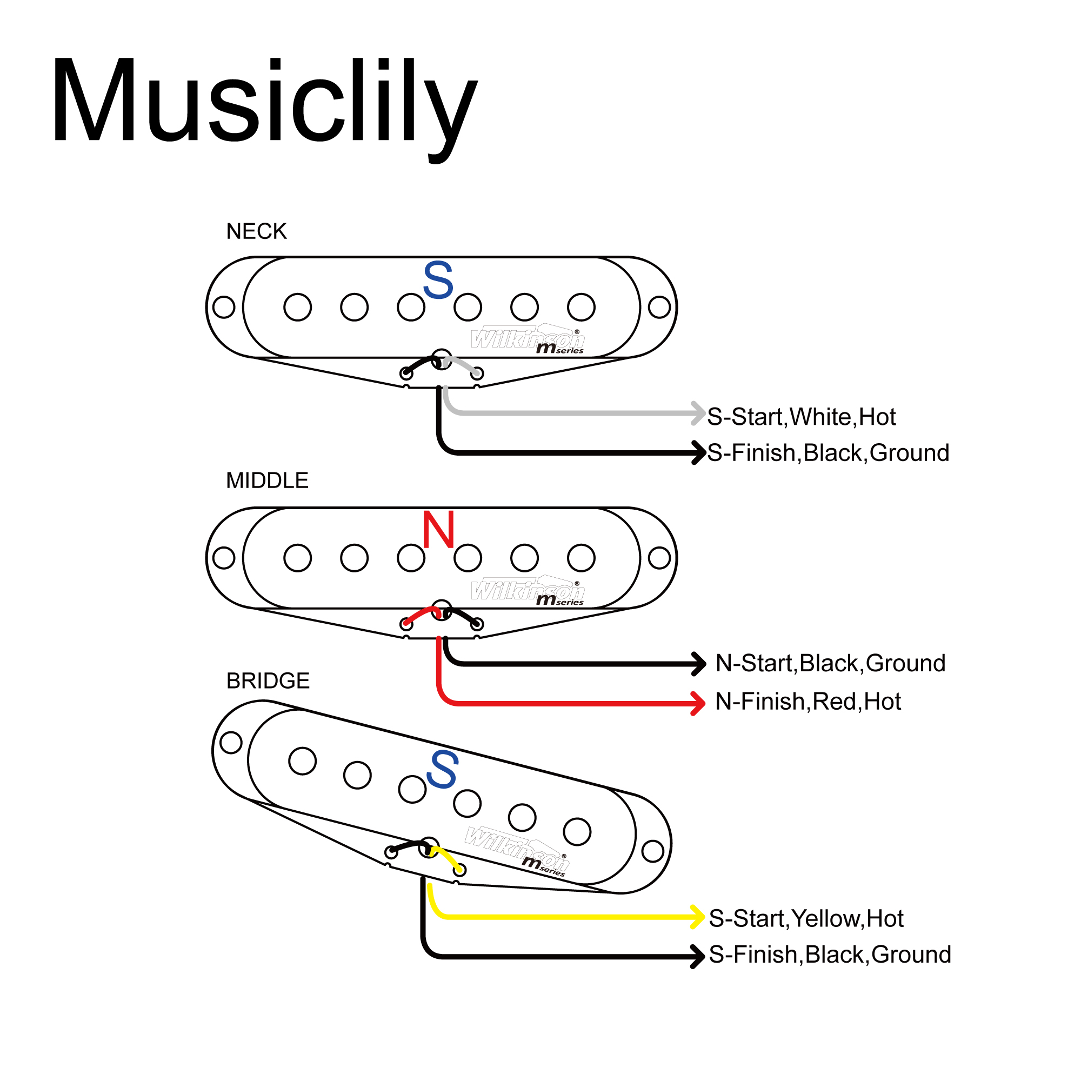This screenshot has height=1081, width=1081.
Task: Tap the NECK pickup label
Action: point(256,231)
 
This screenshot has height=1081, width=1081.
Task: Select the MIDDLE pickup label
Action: point(267,480)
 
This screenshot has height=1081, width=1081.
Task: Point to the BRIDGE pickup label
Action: point(268,680)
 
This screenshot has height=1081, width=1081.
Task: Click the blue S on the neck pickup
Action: point(438,280)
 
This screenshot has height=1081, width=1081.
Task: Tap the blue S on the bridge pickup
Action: point(442,770)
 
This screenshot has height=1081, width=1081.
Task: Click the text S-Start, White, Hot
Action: point(801,417)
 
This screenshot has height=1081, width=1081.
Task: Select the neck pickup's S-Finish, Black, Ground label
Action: point(828,452)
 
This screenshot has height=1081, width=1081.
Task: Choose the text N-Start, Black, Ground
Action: point(830,663)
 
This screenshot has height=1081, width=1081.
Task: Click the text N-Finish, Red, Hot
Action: point(808,701)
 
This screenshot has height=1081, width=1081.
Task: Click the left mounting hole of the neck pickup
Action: point(224,306)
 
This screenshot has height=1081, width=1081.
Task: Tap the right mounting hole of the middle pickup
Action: point(659,557)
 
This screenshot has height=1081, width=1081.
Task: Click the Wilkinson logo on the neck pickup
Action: point(527,339)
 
